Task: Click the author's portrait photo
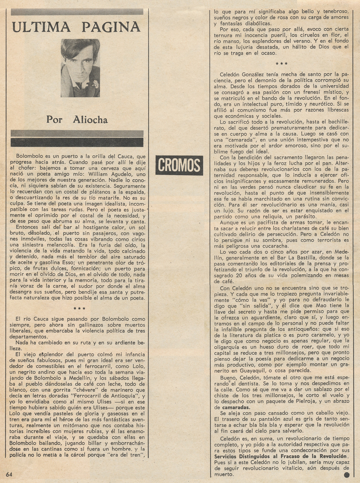click(80, 68)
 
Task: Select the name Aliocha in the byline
click(90, 120)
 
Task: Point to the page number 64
click(9, 474)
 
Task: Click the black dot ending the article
click(346, 475)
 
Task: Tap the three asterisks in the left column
click(80, 309)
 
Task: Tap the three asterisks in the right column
click(281, 64)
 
